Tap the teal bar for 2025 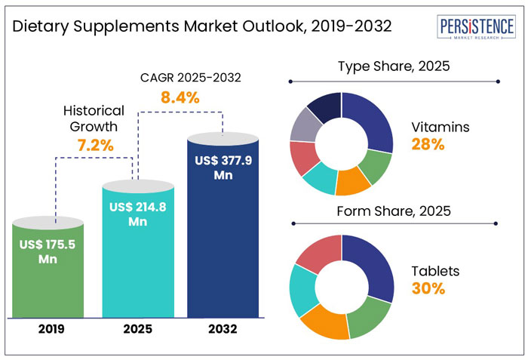[137, 257]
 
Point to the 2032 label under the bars [224, 329]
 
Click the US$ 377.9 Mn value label [224, 168]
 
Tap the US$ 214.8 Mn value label [137, 214]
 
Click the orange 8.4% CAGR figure [180, 97]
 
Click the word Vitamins [441, 127]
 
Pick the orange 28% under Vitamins [427, 144]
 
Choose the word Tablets [435, 271]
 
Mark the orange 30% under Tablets [428, 288]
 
